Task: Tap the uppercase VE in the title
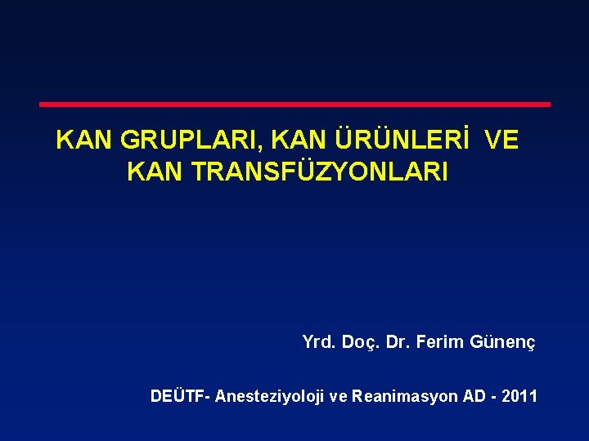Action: (501, 140)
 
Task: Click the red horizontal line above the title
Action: (294, 105)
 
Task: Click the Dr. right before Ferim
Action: (398, 343)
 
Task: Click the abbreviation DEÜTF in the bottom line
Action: (179, 397)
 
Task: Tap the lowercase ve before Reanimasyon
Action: (338, 397)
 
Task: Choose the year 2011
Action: (522, 397)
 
